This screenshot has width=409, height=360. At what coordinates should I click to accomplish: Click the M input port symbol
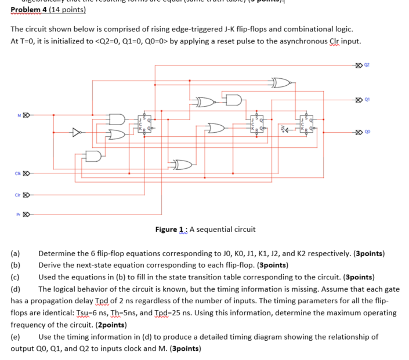(26, 115)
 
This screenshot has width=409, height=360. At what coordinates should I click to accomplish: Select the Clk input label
(18, 173)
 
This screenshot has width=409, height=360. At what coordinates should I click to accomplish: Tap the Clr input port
(26, 195)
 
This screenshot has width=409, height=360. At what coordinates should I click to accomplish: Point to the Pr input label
(19, 214)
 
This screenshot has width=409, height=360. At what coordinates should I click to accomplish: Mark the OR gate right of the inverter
(117, 134)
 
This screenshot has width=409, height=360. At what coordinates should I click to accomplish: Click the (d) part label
(16, 289)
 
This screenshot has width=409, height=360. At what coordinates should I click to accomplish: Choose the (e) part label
(16, 337)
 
